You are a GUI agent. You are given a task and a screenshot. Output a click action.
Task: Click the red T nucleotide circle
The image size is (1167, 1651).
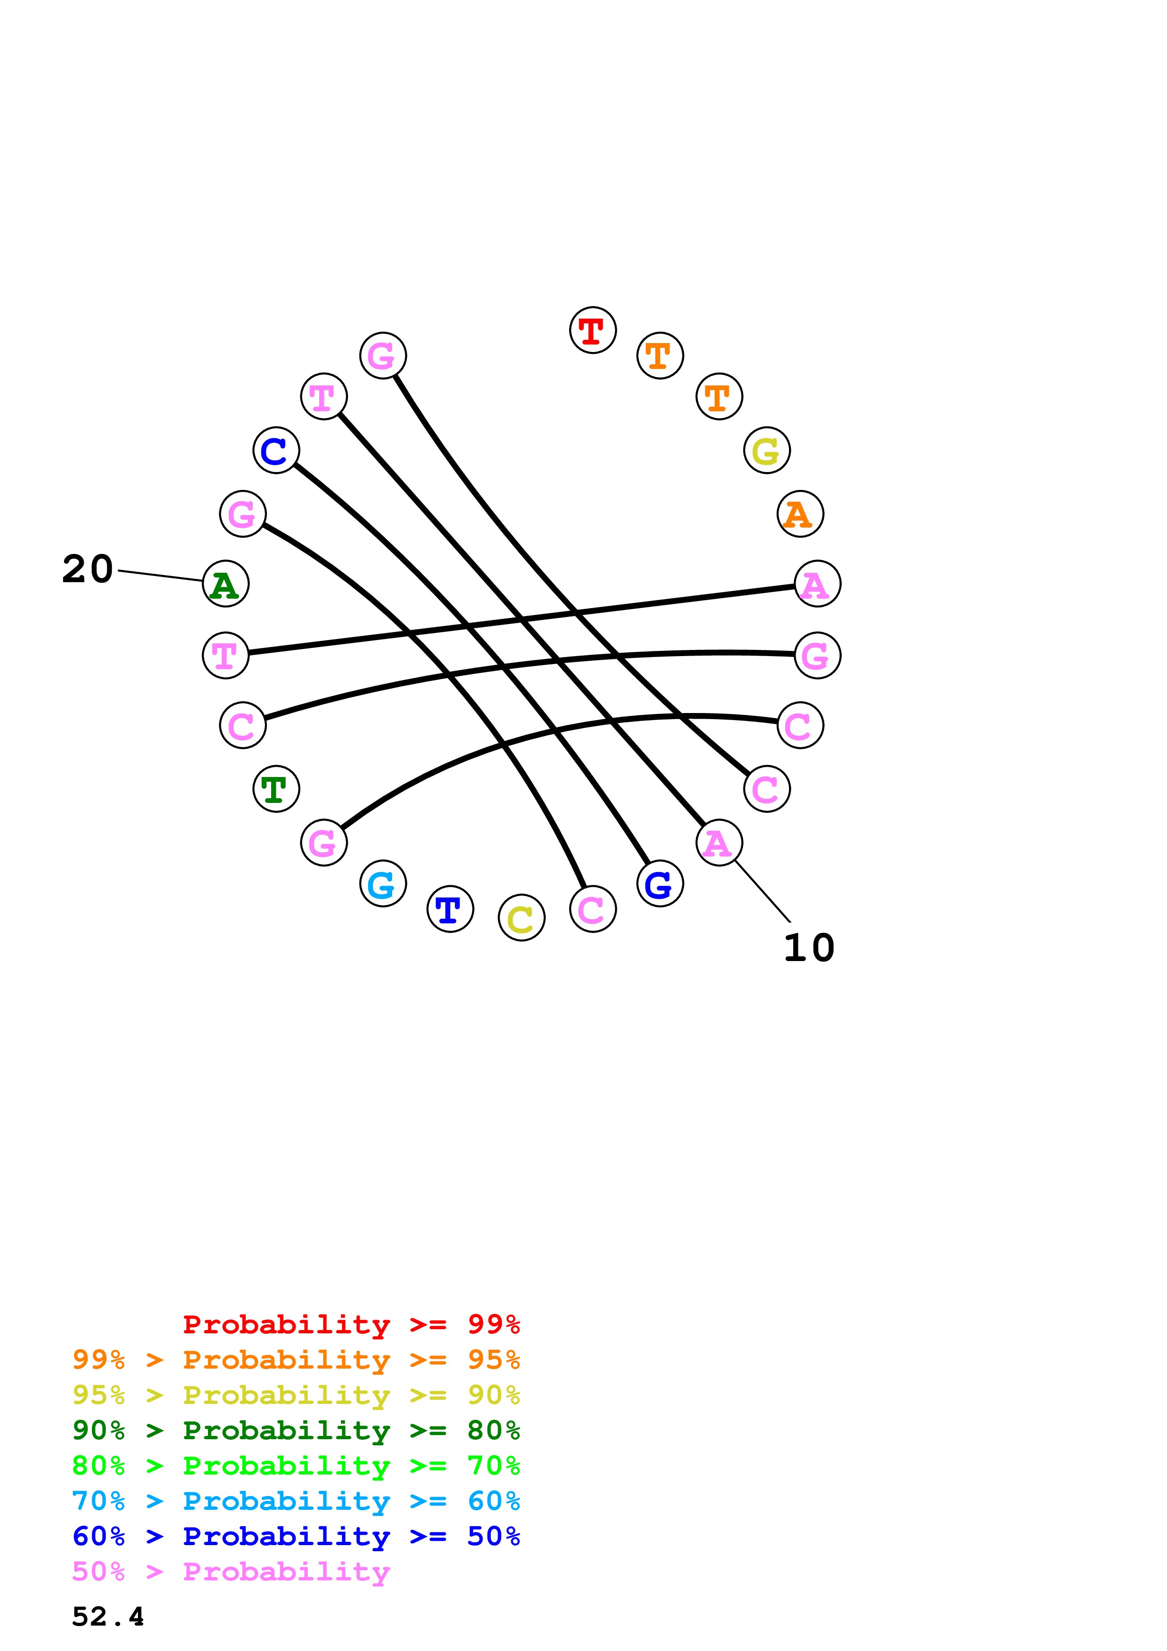point(593,330)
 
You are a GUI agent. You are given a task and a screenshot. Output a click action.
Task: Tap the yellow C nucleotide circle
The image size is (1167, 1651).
point(521,918)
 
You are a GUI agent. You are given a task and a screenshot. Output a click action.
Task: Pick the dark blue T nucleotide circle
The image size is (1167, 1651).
point(450,909)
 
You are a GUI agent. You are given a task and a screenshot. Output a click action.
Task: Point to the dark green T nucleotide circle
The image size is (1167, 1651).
point(276,789)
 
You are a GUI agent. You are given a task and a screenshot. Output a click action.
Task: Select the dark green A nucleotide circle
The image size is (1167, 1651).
point(226,584)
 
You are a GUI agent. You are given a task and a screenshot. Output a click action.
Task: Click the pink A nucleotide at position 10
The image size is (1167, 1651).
point(719,843)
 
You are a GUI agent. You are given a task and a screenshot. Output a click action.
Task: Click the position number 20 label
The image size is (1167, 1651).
point(88,569)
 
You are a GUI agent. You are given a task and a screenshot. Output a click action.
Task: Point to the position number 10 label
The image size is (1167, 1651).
point(809,948)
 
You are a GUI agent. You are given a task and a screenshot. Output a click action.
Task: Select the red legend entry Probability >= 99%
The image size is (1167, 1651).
point(351,1324)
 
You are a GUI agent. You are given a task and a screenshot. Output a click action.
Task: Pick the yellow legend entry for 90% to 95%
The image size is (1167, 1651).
point(296,1395)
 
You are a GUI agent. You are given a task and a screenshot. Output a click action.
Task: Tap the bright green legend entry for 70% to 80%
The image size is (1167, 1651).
point(296,1466)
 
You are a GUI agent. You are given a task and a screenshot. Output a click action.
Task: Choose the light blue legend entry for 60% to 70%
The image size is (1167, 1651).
point(296,1501)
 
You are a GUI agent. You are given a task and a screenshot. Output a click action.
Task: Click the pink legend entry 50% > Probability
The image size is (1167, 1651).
point(231,1571)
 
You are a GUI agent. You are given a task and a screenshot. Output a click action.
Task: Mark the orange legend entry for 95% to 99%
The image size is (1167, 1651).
point(296,1360)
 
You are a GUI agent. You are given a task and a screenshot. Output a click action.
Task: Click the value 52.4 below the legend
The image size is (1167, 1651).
point(108,1617)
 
